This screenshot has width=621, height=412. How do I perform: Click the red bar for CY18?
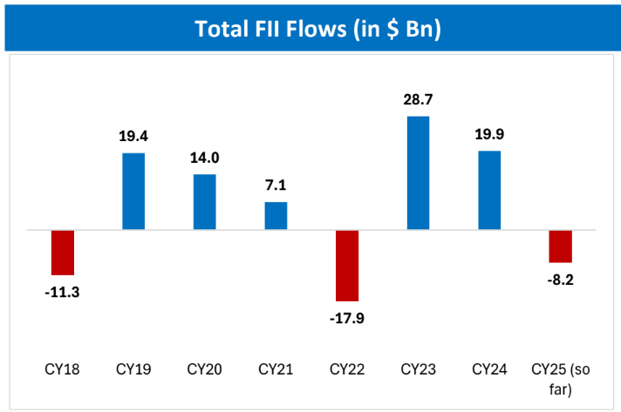pyautogui.click(x=63, y=253)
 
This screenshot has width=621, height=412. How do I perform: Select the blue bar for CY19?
pyautogui.click(x=133, y=192)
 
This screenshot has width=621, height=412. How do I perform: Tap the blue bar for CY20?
pyautogui.click(x=205, y=202)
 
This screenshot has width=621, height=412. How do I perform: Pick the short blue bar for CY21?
pyautogui.click(x=276, y=216)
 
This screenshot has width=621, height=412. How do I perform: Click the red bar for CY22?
pyautogui.click(x=347, y=266)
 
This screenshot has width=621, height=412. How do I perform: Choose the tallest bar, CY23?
pyautogui.click(x=418, y=173)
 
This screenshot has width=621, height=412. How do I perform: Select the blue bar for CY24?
pyautogui.click(x=489, y=191)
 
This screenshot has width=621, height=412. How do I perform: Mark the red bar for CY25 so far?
pyautogui.click(x=560, y=247)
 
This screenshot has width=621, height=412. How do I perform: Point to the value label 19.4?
pyautogui.click(x=133, y=137)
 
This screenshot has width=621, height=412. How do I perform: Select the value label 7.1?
pyautogui.click(x=276, y=186)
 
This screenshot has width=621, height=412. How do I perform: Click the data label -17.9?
pyautogui.click(x=347, y=317)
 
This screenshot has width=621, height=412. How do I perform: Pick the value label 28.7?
pyautogui.click(x=418, y=100)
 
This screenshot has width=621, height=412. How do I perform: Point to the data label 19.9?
pyautogui.click(x=489, y=135)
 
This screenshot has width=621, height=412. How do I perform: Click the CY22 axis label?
pyautogui.click(x=347, y=368)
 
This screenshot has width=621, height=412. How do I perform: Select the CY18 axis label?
pyautogui.click(x=63, y=368)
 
